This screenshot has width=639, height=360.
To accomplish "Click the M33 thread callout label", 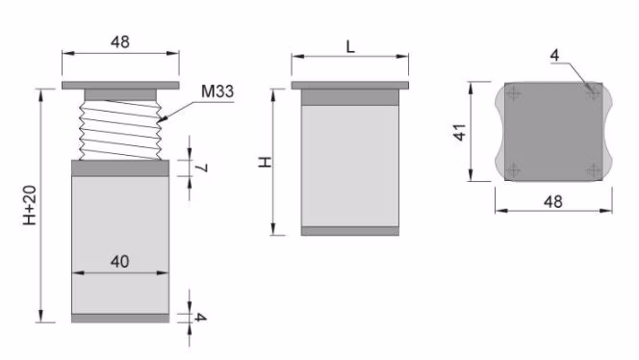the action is pos(217,91).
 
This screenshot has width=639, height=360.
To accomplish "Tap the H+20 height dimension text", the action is pos(30,205).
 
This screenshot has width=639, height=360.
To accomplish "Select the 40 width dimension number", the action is pos(119,261).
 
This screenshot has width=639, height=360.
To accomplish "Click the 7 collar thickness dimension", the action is pos(201,167).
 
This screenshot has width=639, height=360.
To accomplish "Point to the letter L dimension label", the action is pos(350,47).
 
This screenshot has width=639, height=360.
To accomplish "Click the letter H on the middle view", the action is pos(265,163).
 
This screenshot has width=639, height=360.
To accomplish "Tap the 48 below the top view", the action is pos(553,201).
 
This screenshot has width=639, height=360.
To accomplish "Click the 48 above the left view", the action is pos(120,41).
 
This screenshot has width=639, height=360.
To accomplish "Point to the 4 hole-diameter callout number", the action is pos(554,55).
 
